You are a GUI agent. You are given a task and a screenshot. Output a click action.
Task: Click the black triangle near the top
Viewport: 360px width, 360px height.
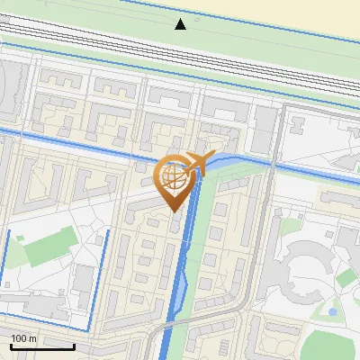coord(181,23)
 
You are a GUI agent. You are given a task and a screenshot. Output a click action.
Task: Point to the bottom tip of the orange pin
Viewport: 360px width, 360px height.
coord(174,212)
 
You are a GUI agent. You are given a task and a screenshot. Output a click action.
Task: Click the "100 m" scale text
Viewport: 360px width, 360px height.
coord(23,337)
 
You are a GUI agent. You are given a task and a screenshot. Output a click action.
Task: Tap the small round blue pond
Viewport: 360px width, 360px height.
coord(333,311)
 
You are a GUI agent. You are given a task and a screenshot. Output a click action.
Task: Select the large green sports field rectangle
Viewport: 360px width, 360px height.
coord(49,246)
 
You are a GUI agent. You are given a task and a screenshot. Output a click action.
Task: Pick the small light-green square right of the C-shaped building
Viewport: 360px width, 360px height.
coord(346,278)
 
